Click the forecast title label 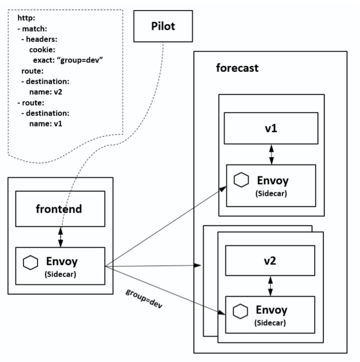pyautogui.click(x=237, y=68)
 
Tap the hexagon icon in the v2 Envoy pyautogui.click(x=241, y=311)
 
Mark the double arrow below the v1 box pyautogui.click(x=272, y=154)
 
